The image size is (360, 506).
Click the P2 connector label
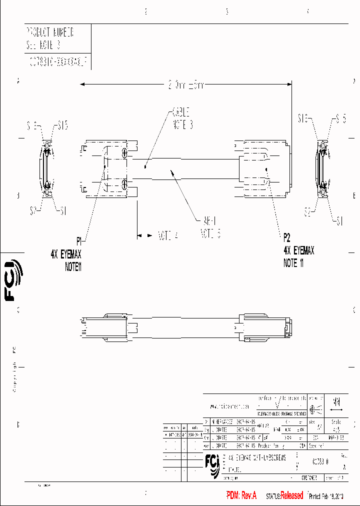(286, 237)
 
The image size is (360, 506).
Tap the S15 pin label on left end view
(63, 125)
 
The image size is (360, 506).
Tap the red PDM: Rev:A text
(241, 495)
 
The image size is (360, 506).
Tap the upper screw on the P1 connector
(123, 148)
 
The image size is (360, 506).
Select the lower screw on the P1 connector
(123, 184)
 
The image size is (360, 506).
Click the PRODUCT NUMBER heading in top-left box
(50, 33)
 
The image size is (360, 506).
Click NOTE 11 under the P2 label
(293, 263)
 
